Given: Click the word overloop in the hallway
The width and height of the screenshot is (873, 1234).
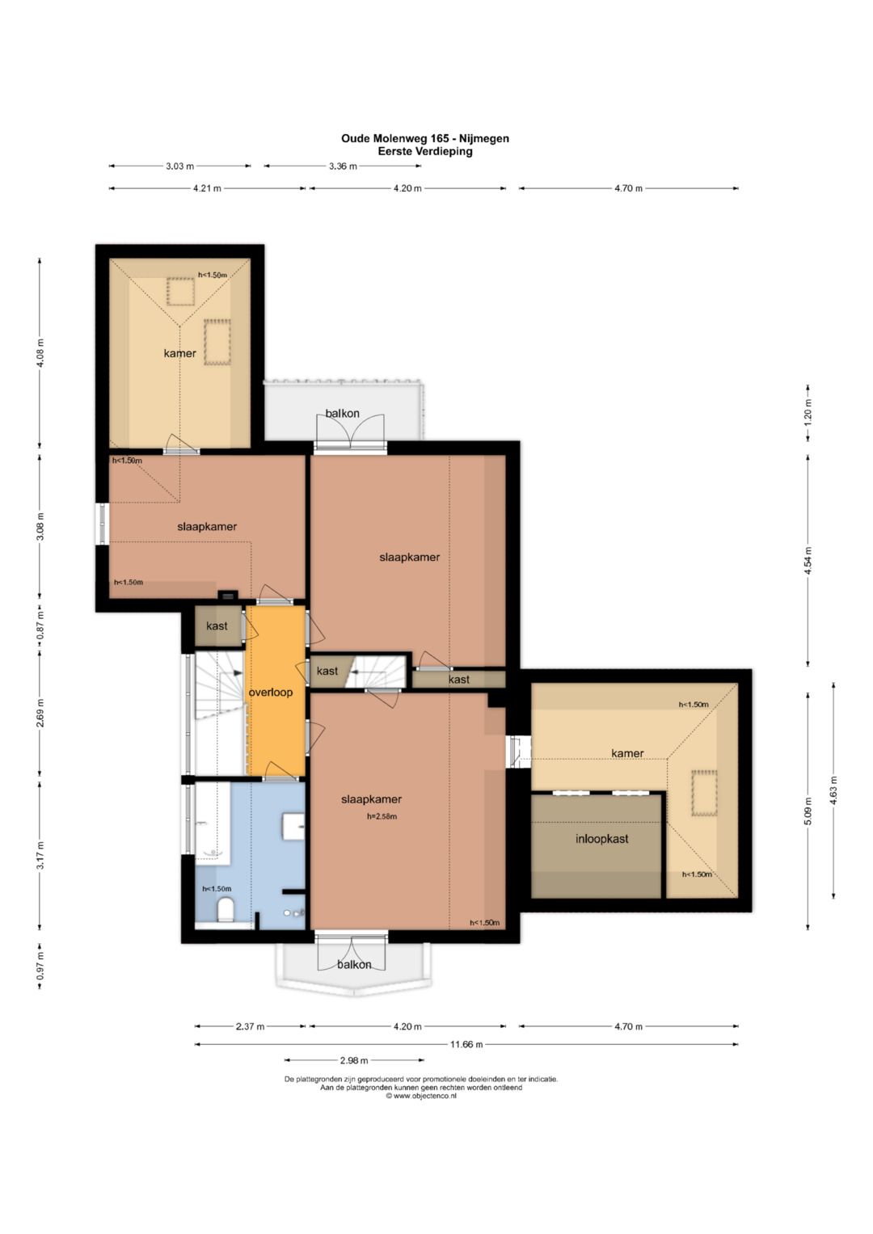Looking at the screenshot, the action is coord(271,693).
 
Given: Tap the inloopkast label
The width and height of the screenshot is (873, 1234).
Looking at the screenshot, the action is coord(602,839).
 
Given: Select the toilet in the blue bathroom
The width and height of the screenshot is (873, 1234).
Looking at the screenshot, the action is coord(226,910).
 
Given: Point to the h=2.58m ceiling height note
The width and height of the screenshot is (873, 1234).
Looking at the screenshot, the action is coord(382,816).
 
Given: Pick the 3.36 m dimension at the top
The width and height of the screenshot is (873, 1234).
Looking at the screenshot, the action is coord(343,166).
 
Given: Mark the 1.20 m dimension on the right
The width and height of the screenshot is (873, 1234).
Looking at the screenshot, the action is coord(808,413).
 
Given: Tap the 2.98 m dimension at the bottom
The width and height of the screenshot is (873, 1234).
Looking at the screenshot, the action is coord(354,1060).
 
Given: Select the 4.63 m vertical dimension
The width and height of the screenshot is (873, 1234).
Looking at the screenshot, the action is coord(833,790).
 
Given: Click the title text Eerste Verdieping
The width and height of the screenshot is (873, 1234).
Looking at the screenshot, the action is coord(425,151).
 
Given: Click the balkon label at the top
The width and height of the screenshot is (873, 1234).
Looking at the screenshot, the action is coord(342,413).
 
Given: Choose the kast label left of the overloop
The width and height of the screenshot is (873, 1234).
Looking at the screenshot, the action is coord(217,625).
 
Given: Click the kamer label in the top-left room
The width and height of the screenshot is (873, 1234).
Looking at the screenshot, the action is coord(179,353).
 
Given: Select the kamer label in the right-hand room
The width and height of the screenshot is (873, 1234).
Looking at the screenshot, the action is coord(627,753).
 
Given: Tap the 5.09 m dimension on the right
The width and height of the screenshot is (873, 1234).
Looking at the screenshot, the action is coord(808,811).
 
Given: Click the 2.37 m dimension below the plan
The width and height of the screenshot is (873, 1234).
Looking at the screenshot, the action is coord(251,1026).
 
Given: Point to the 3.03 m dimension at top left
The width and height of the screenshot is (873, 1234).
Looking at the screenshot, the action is coord(179,166).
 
